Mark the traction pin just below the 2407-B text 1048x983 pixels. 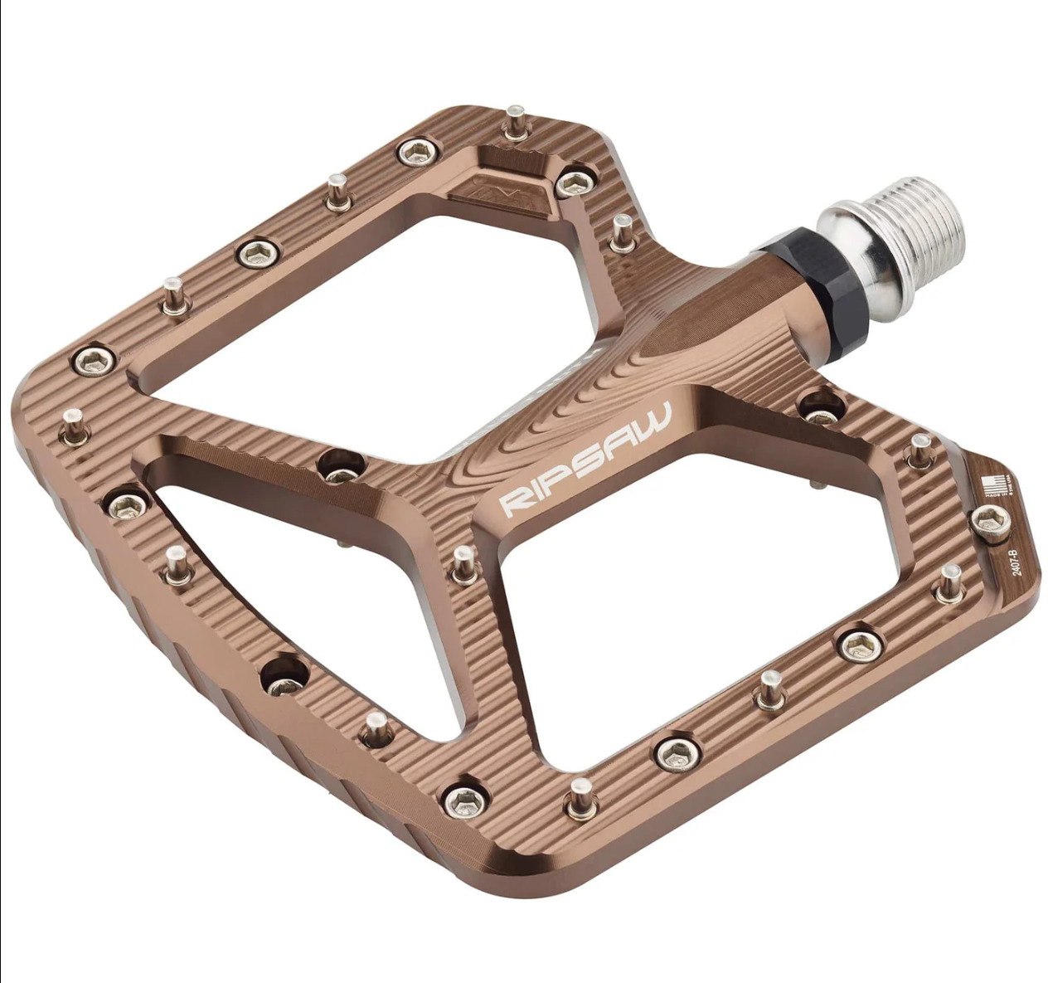click(949, 583)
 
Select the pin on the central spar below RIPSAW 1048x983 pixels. click(464, 564)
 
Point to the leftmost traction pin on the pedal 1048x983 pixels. click(74, 425)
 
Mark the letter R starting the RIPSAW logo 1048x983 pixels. click(512, 500)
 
